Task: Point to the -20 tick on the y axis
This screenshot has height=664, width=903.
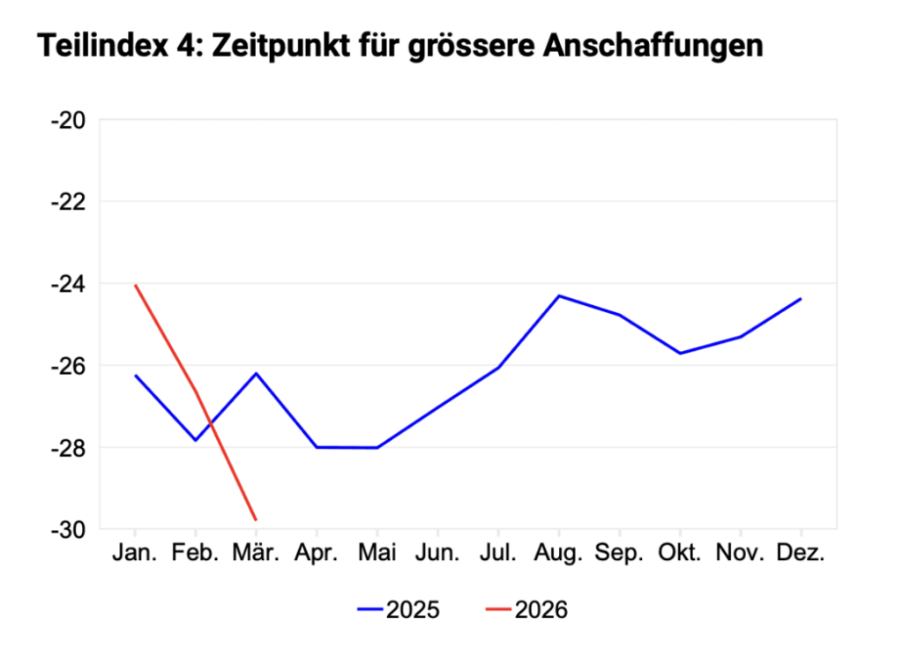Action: pyautogui.click(x=68, y=120)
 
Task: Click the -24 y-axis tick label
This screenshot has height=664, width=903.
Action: pyautogui.click(x=68, y=284)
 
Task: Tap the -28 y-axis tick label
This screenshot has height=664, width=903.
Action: pyautogui.click(x=68, y=448)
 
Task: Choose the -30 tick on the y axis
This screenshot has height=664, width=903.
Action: pyautogui.click(x=68, y=529)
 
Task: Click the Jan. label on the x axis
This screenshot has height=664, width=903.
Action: pyautogui.click(x=135, y=555)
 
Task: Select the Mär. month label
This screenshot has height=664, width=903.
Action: pyautogui.click(x=256, y=555)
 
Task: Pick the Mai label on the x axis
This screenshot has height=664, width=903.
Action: pyautogui.click(x=377, y=555)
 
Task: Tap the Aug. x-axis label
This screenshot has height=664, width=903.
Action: pyautogui.click(x=558, y=555)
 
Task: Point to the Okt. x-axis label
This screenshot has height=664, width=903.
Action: pyautogui.click(x=680, y=555)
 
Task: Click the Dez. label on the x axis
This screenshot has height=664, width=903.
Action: pyautogui.click(x=801, y=555)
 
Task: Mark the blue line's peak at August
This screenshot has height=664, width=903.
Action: pyautogui.click(x=558, y=295)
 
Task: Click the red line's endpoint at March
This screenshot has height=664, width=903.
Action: pyautogui.click(x=256, y=520)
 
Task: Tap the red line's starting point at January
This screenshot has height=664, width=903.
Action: pyautogui.click(x=135, y=285)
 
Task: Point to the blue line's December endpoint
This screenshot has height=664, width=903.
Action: pyautogui.click(x=801, y=299)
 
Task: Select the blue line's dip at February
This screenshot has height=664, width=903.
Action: pyautogui.click(x=196, y=440)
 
